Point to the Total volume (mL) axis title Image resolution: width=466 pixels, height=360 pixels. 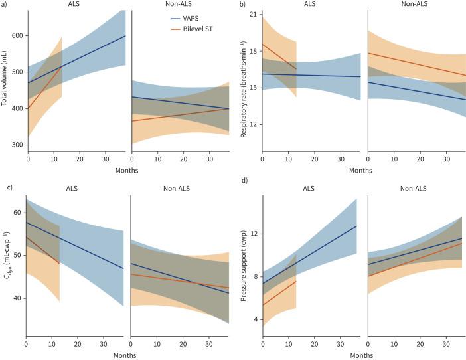coord(6,83)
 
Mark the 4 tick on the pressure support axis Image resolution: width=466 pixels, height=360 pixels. coord(254,319)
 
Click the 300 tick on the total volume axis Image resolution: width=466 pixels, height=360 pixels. coord(17,145)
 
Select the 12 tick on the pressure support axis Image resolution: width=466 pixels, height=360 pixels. coord(253,234)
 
